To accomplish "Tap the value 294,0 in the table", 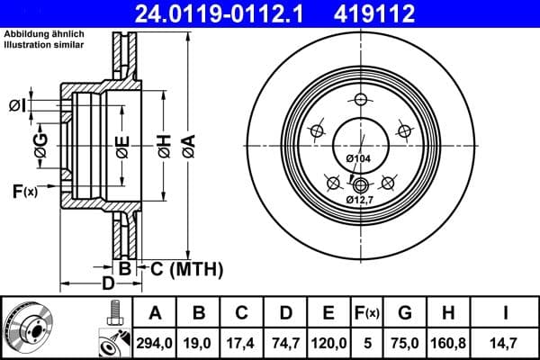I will [x=155, y=341].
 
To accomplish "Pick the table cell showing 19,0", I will [x=198, y=341].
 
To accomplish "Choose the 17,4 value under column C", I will [x=241, y=341].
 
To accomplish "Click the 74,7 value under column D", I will [x=284, y=341].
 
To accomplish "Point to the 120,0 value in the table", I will [x=328, y=341].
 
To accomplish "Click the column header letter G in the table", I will [x=404, y=314].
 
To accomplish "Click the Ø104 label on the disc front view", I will [x=358, y=159].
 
